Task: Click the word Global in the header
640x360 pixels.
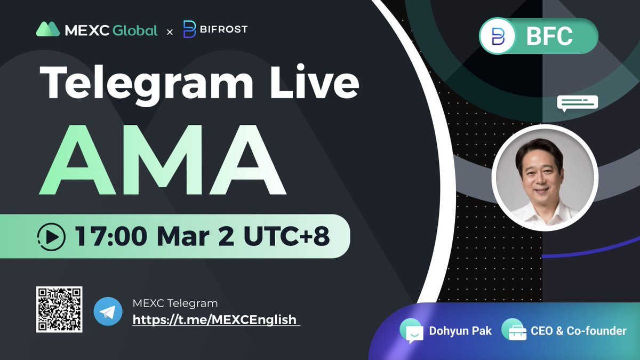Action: tap(135, 30)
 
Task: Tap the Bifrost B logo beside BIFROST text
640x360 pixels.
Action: tap(189, 29)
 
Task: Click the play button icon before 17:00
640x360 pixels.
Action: tap(52, 236)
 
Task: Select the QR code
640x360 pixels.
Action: tap(59, 309)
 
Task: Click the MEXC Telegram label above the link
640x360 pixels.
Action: tap(175, 303)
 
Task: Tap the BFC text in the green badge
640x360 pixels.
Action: tap(549, 36)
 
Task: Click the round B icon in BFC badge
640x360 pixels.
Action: tap(498, 37)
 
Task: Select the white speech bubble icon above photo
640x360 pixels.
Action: tap(578, 103)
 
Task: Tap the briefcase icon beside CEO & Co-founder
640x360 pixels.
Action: tap(513, 331)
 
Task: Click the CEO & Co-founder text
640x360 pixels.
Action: tap(579, 331)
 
